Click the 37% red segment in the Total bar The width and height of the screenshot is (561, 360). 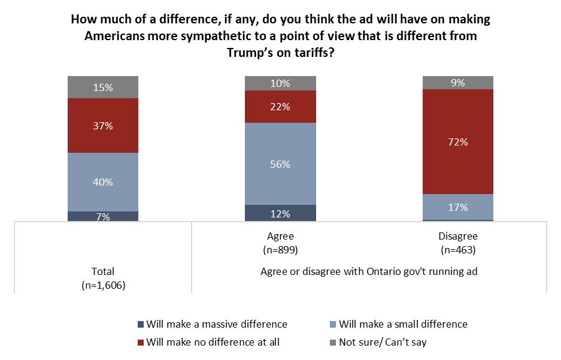[x=103, y=125]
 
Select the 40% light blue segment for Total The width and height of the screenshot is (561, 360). [x=103, y=182]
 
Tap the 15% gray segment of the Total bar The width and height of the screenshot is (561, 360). [x=103, y=87]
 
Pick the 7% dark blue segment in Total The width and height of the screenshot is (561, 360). [x=103, y=216]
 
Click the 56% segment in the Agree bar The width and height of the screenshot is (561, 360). [x=280, y=164]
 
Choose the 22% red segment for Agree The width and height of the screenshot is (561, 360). [x=280, y=107]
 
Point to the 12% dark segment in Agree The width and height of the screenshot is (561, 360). [x=280, y=213]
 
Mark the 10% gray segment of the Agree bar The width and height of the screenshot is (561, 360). [x=280, y=83]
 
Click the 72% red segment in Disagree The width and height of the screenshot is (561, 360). [x=458, y=142]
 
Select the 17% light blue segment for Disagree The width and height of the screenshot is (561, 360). [x=458, y=207]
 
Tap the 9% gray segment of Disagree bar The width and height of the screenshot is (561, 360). [x=458, y=83]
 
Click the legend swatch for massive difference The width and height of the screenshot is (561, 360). [x=141, y=324]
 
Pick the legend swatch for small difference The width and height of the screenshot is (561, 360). [x=333, y=324]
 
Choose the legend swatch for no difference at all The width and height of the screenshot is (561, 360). [x=141, y=343]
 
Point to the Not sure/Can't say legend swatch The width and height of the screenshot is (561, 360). [x=333, y=343]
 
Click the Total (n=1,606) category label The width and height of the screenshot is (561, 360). [x=103, y=279]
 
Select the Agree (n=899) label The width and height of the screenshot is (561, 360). [x=280, y=241]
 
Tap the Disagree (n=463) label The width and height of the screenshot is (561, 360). [x=458, y=241]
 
